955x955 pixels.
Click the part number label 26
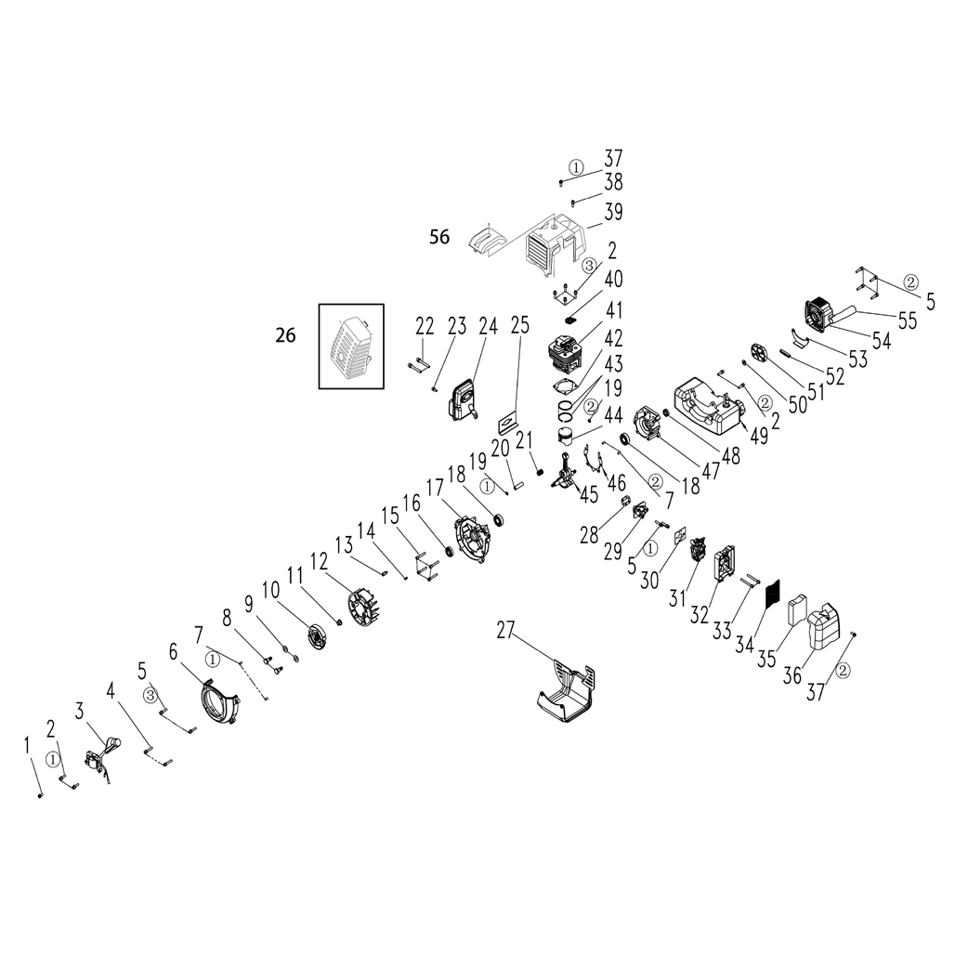coord(285,335)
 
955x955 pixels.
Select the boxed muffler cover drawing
coord(351,346)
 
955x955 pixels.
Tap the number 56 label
coord(439,237)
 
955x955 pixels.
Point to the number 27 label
coord(505,631)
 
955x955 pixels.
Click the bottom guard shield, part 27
coord(566,692)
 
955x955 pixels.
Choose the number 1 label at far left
coord(27,745)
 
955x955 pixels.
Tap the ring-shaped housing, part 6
coord(219,704)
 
